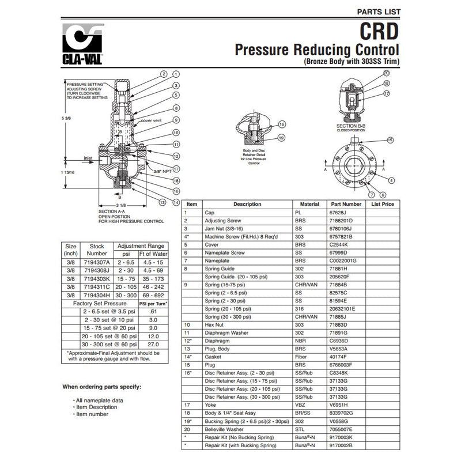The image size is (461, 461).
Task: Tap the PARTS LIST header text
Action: (379, 12)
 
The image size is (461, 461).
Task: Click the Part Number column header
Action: (346, 204)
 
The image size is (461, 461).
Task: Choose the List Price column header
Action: (383, 204)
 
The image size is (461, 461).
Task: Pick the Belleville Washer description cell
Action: (227, 429)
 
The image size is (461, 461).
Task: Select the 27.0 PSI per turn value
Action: (154, 344)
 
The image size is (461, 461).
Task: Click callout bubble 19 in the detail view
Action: (281, 138)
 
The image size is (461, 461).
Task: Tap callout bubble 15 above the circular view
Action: (390, 140)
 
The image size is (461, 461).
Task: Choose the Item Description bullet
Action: (93, 407)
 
